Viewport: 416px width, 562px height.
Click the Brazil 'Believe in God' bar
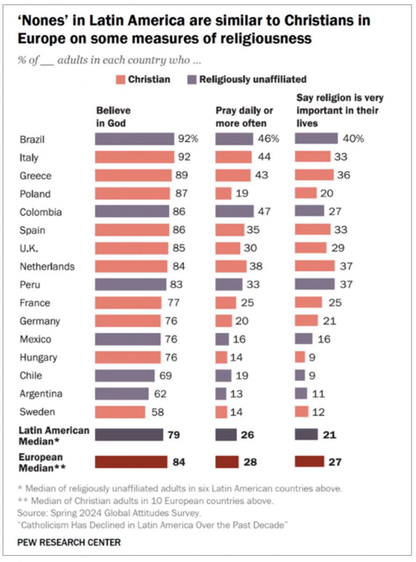[x=134, y=139]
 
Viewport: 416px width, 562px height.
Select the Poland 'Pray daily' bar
[x=223, y=193]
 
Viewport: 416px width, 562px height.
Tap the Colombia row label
[x=41, y=212]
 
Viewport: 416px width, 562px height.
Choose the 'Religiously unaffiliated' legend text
[x=253, y=79]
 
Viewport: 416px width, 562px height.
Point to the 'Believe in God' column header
[x=113, y=117]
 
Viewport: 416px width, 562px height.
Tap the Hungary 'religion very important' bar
[x=300, y=357]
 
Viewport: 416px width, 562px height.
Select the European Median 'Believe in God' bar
[x=131, y=462]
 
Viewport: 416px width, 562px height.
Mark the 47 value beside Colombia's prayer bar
[x=264, y=212]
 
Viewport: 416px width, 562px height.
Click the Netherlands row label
[x=47, y=266]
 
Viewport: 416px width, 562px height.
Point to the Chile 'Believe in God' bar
[x=124, y=376]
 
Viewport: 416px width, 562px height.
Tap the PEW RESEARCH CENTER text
[x=69, y=542]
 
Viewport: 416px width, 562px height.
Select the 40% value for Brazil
[x=353, y=139]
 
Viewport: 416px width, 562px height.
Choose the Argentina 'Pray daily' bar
[x=221, y=394]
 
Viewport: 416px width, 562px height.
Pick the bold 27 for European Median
[x=335, y=462]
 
